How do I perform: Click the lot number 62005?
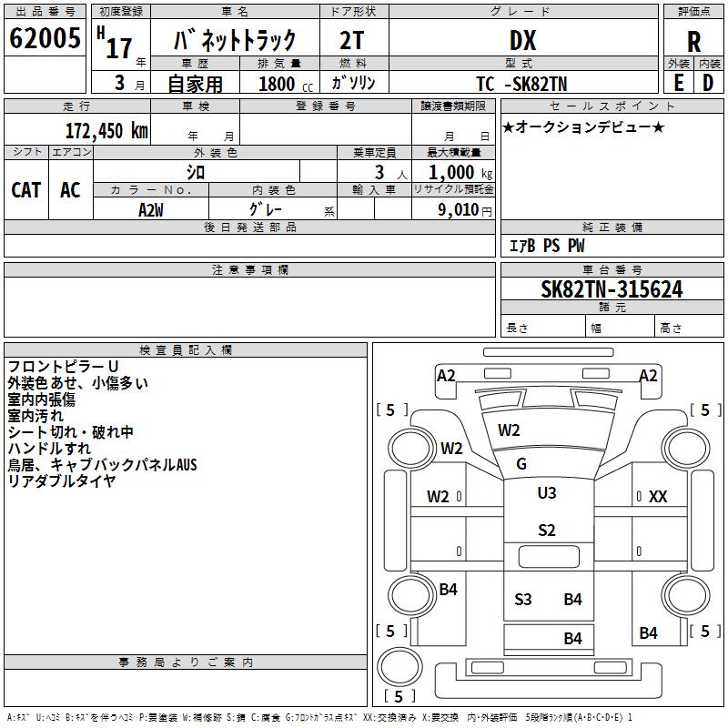44,39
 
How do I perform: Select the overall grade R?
693,42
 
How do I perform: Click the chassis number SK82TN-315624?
612,290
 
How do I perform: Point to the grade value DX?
522,41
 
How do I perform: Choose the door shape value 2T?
353,40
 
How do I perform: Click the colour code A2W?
151,209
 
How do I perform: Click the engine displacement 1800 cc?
278,84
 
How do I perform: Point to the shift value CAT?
25,189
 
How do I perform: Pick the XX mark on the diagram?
658,497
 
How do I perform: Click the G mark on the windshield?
521,464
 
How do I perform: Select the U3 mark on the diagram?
546,493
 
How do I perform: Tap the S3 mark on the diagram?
523,599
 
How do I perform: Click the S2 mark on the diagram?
546,531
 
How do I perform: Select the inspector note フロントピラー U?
63,367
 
